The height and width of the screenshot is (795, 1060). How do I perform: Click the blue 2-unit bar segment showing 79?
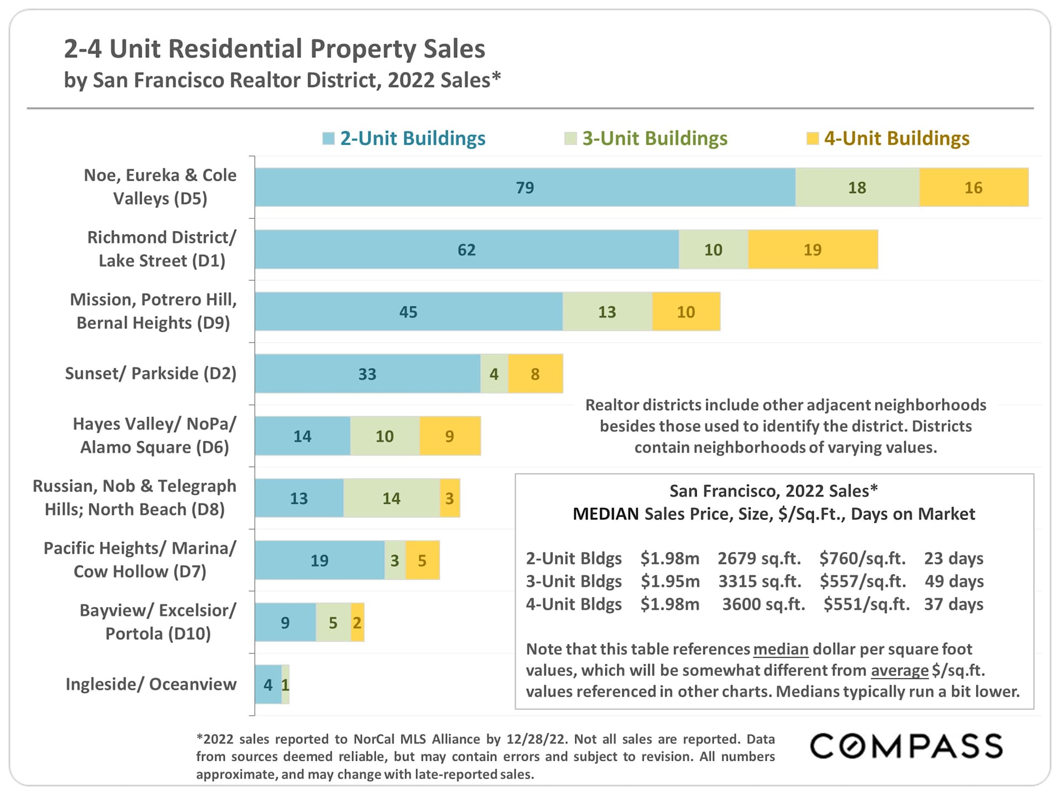click(x=524, y=188)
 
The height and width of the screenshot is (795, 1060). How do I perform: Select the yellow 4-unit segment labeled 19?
click(x=813, y=250)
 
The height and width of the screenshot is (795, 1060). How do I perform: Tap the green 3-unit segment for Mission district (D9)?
click(x=607, y=312)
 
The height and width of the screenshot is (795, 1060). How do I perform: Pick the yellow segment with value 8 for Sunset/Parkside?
click(x=536, y=374)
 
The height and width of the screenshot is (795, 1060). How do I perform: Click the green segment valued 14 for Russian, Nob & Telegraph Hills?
click(x=391, y=498)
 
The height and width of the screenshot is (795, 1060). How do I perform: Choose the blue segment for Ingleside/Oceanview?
click(x=268, y=685)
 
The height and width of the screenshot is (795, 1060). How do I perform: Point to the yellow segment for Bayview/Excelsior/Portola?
click(x=357, y=623)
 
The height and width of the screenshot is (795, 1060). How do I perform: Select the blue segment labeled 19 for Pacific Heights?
click(x=319, y=560)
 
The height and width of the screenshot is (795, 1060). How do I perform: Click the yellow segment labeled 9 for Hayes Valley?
click(x=450, y=436)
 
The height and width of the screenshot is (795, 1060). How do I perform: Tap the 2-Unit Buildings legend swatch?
click(x=328, y=139)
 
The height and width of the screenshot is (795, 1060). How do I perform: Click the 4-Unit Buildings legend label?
click(x=897, y=139)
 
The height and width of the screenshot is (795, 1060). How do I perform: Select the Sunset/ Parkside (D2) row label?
click(x=150, y=374)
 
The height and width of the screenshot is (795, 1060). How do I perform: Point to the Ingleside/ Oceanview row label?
click(x=150, y=685)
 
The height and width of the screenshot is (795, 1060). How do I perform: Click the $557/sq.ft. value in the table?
click(x=862, y=581)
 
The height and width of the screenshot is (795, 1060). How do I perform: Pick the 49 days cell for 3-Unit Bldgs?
click(x=954, y=581)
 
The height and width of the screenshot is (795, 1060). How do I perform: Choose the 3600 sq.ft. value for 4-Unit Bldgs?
click(x=764, y=605)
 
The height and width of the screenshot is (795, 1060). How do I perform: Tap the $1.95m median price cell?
click(x=670, y=581)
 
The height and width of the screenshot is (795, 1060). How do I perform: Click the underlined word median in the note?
click(x=781, y=649)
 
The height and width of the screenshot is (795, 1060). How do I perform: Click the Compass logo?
click(x=906, y=746)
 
